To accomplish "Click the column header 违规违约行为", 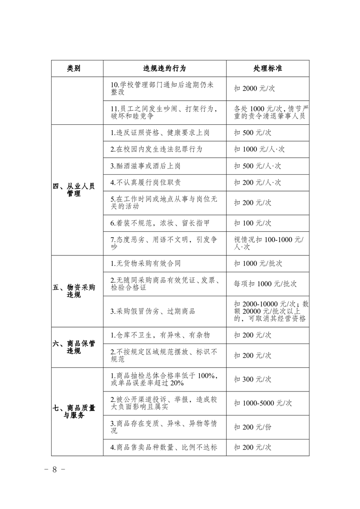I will pos(164,69).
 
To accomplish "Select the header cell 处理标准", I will pos(267,69).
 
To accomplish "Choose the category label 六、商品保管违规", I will pos(74,347).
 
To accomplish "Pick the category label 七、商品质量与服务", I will pos(74,411).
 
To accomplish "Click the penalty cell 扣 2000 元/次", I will pos(254,88).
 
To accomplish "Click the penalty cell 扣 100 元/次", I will pos(252,223).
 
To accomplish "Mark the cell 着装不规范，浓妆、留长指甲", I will pos(160,223).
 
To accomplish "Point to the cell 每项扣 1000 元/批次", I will pos(265,284).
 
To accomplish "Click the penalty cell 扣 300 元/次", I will pos(252,379).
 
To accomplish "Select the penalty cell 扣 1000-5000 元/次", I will pos(263,403).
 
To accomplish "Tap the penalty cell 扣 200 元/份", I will pos(252,427).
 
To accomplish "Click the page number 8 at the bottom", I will pos(54,470).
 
